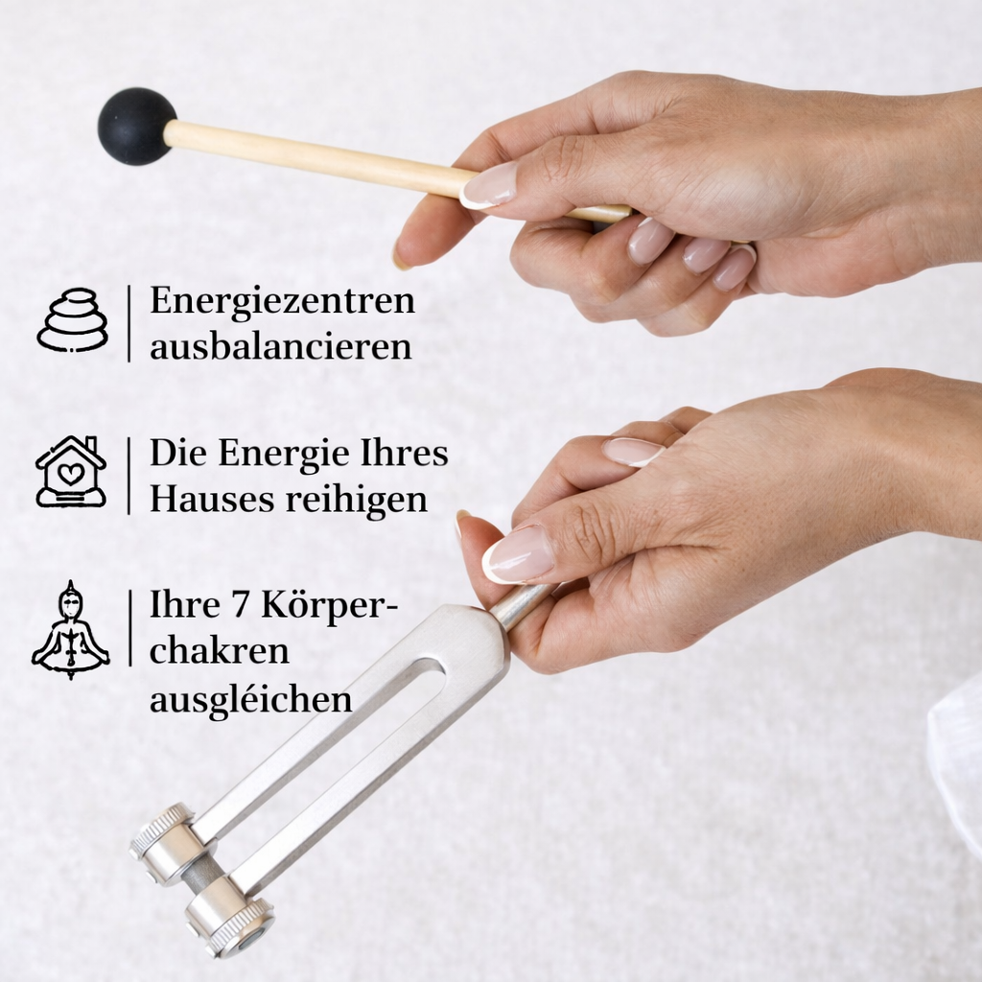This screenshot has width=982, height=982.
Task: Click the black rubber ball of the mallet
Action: [136, 126]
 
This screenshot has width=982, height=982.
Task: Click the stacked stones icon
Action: [73, 320]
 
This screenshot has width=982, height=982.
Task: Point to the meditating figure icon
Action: [71, 629]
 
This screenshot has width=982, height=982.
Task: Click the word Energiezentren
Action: [283, 301]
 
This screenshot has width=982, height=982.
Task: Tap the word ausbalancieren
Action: [281, 346]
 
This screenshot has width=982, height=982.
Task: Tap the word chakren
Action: [220, 651]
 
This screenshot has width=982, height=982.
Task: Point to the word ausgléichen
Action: [250, 699]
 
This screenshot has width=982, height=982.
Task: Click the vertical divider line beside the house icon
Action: [129, 476]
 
